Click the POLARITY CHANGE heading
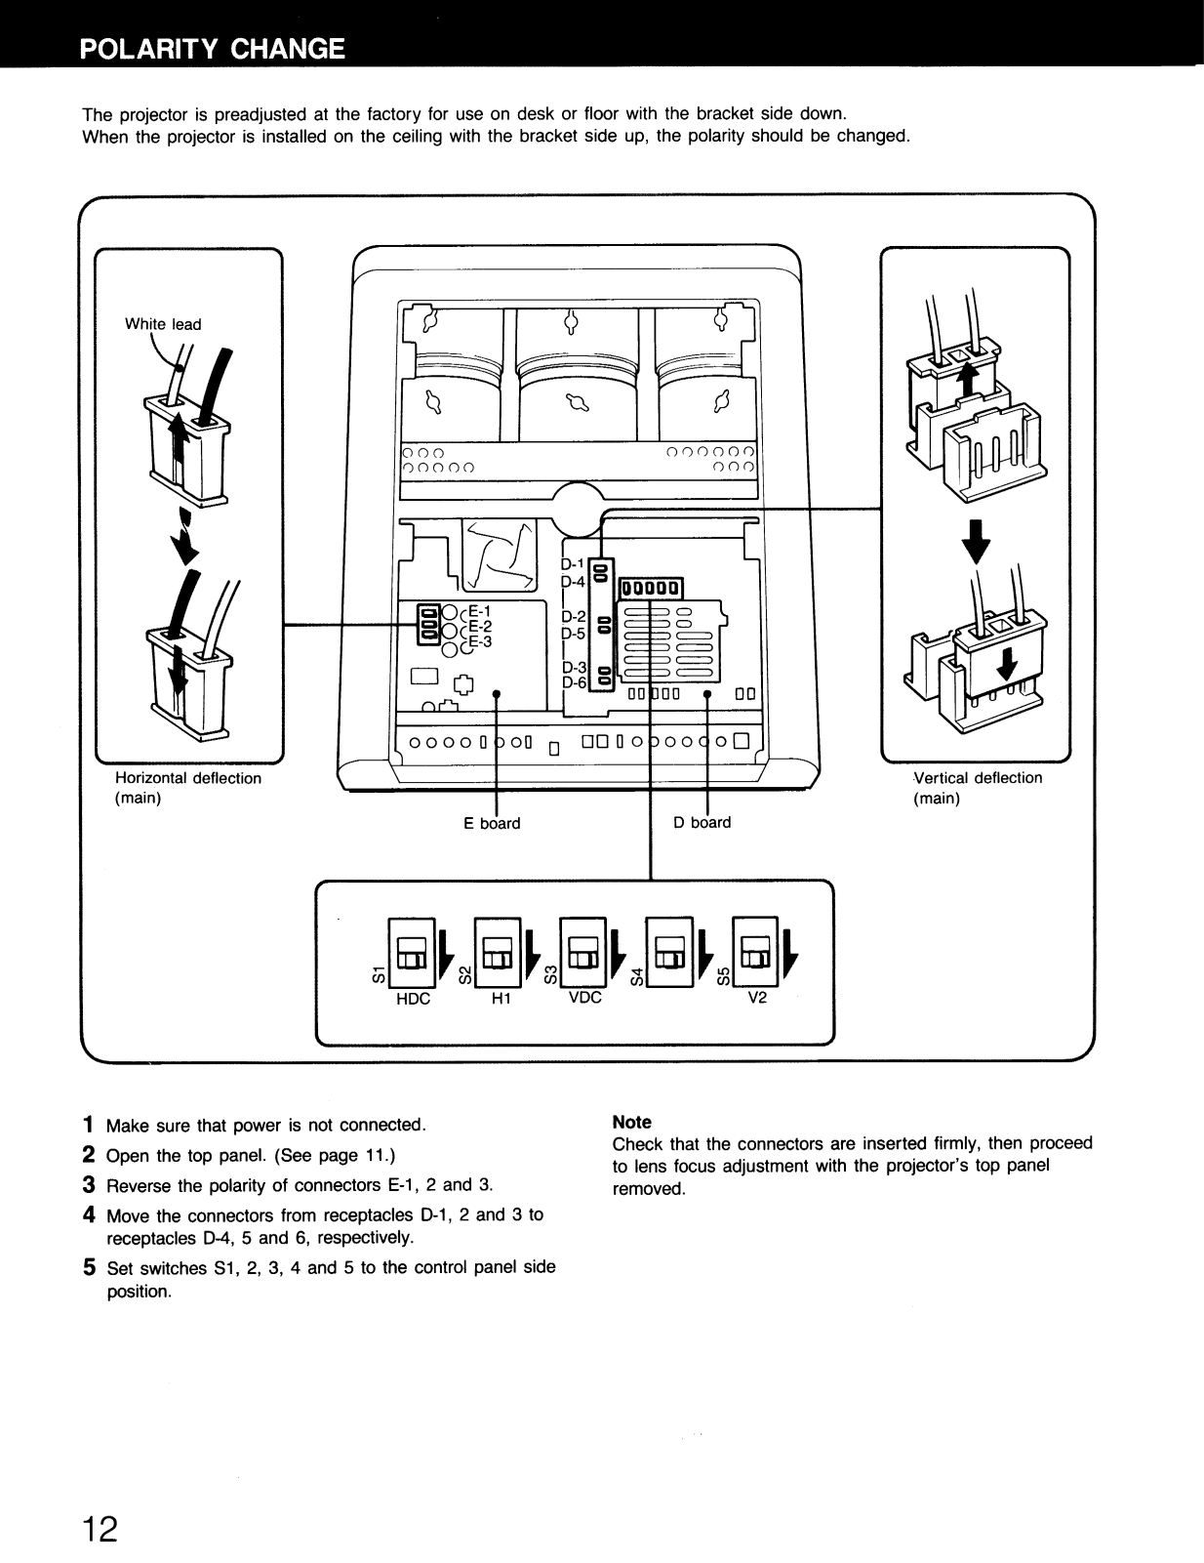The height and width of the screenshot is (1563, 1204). coord(213,49)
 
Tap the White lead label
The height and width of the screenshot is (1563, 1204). coord(163,324)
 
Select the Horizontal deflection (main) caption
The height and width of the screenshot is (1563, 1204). coord(188,788)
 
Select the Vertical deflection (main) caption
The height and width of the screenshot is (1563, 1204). coord(977,788)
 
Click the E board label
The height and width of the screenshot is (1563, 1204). coord(492,823)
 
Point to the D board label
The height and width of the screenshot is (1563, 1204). coord(702,822)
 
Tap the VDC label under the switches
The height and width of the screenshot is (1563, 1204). coord(584,999)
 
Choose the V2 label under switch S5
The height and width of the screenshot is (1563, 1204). coord(757,999)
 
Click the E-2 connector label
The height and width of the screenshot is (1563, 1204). coord(481,627)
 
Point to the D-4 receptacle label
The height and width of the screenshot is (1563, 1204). coord(574,582)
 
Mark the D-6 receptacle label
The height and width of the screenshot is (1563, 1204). coord(574,682)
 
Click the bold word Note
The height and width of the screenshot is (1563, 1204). coord(631,1123)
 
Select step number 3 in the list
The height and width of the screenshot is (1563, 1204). coord(89,1185)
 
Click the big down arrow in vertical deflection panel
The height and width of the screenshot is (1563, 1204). coord(976,545)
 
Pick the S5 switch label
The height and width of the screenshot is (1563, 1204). coord(723,975)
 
